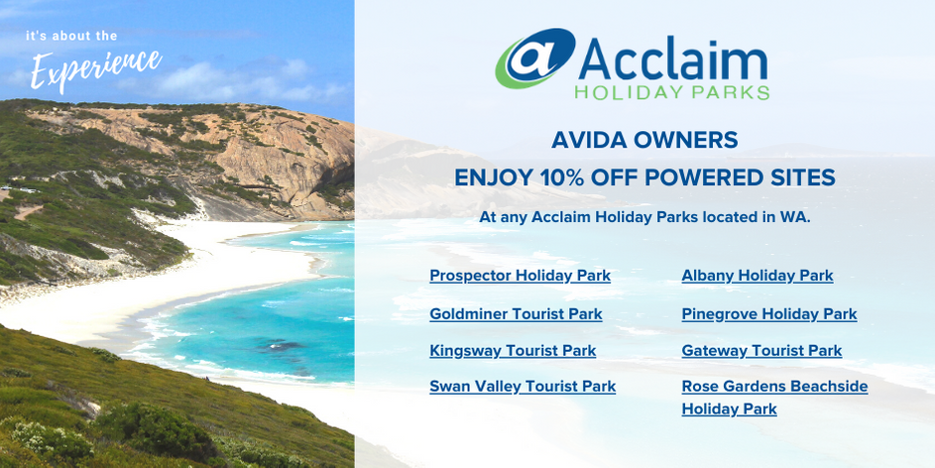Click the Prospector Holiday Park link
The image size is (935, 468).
tap(520, 276)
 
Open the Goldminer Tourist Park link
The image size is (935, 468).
tap(516, 313)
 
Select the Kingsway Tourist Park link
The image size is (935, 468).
tap(513, 351)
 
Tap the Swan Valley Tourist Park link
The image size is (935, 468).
tap(523, 387)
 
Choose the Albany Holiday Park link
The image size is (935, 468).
tap(758, 276)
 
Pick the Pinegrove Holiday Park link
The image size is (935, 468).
tap(769, 313)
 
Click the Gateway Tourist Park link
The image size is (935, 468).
tap(761, 351)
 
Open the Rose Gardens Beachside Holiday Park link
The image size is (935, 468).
tap(774, 398)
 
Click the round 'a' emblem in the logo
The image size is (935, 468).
tap(534, 58)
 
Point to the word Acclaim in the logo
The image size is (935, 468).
tap(672, 61)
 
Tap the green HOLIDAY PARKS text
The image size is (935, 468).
tap(672, 92)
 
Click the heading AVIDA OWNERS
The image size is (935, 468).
tap(644, 140)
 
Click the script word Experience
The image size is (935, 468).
tap(96, 68)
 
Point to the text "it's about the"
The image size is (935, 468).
tap(71, 37)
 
